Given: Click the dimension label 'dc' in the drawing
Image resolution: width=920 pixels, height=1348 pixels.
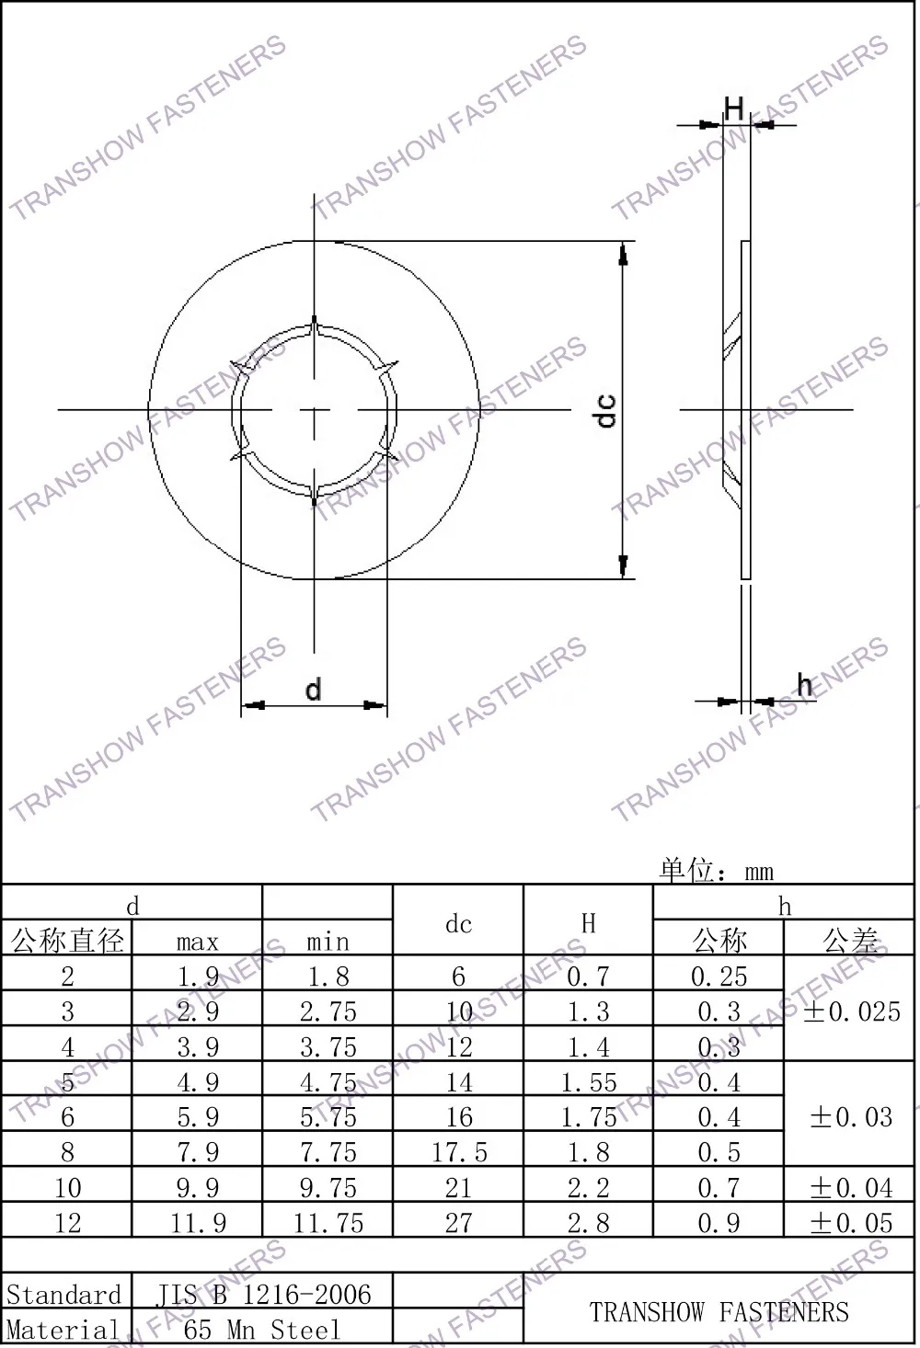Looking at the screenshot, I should (x=605, y=410).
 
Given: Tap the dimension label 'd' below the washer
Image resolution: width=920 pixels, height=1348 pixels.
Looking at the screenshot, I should (x=313, y=690).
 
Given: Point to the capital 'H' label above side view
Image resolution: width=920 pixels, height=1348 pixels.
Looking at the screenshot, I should (x=733, y=109).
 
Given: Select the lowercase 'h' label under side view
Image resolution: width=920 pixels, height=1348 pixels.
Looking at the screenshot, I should (x=805, y=684).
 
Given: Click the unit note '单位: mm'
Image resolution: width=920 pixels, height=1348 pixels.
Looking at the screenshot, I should (x=716, y=870).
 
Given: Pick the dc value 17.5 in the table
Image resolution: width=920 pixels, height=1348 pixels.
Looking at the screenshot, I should (x=458, y=1152).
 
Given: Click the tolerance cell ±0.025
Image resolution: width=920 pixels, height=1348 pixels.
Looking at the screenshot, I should (x=851, y=1011).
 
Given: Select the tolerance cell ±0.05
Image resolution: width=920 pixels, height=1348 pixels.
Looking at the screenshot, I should (x=851, y=1223).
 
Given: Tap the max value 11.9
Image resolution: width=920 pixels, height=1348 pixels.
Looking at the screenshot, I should (x=198, y=1223).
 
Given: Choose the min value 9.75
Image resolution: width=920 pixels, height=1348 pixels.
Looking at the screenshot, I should (x=328, y=1188).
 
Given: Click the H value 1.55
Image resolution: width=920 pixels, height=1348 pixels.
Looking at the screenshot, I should (x=589, y=1082).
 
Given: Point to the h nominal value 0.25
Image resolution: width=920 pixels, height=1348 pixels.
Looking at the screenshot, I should (x=719, y=977).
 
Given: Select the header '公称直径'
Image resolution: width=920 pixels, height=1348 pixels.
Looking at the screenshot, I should (x=67, y=941).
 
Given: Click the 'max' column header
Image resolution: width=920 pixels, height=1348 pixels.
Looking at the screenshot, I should (x=198, y=942).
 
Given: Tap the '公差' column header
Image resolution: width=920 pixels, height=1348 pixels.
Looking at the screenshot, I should (x=851, y=941).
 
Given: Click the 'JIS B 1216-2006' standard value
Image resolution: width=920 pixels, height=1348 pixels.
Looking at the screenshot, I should (x=263, y=1295).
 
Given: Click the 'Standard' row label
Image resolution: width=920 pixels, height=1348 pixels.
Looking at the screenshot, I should (x=64, y=1295).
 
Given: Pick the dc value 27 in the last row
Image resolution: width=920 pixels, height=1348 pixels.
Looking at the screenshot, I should (x=458, y=1223).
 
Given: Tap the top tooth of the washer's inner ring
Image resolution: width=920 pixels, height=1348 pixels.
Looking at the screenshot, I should (x=314, y=327).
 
